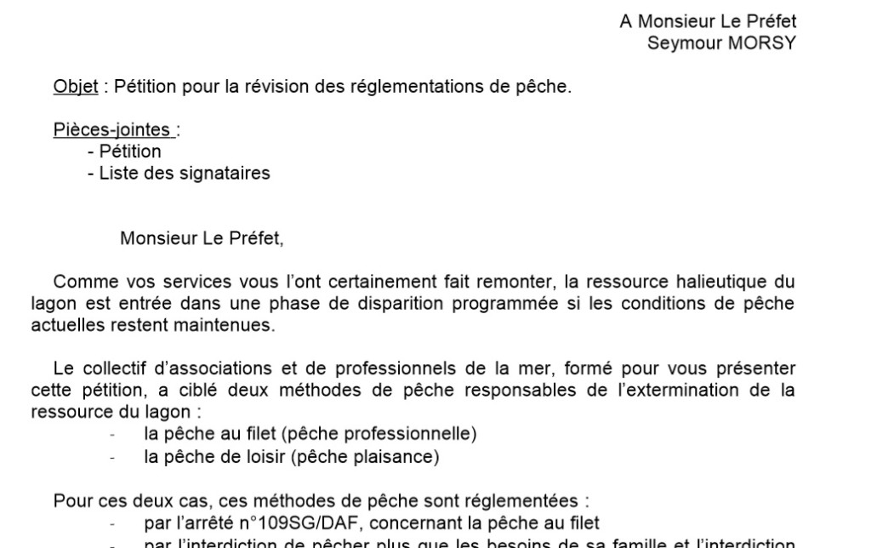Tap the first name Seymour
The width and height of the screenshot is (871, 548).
coord(677,43)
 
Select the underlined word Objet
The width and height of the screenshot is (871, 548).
coord(76,87)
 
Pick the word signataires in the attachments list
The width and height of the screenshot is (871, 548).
coord(229,174)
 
